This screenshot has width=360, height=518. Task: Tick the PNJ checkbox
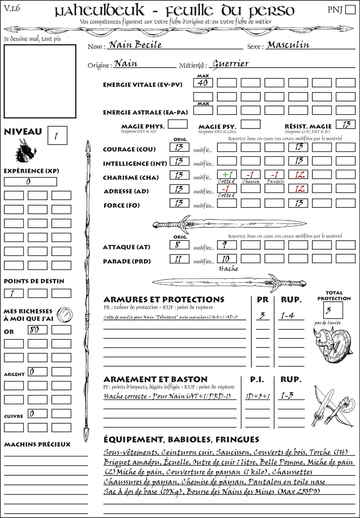click(x=350, y=9)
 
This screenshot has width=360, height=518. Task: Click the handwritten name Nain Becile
click(x=135, y=45)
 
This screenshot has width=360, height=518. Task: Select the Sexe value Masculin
click(x=288, y=45)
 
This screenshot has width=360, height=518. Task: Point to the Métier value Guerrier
click(x=231, y=64)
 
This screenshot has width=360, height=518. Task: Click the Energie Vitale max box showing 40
click(x=203, y=83)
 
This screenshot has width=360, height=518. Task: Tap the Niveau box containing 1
click(x=57, y=135)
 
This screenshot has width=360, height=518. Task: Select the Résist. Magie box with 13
click(x=346, y=124)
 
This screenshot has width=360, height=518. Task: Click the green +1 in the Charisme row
click(x=227, y=175)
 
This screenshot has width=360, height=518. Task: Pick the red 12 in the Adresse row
click(x=298, y=189)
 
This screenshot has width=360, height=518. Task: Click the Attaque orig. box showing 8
click(x=179, y=245)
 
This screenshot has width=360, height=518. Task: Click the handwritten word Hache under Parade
click(x=228, y=269)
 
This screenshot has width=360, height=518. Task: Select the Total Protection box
click(x=333, y=310)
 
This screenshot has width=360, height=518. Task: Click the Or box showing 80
click(x=37, y=330)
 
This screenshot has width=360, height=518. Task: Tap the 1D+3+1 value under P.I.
click(x=258, y=396)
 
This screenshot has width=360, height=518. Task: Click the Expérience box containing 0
click(x=30, y=182)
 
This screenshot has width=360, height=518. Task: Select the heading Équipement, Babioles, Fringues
click(x=181, y=439)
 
